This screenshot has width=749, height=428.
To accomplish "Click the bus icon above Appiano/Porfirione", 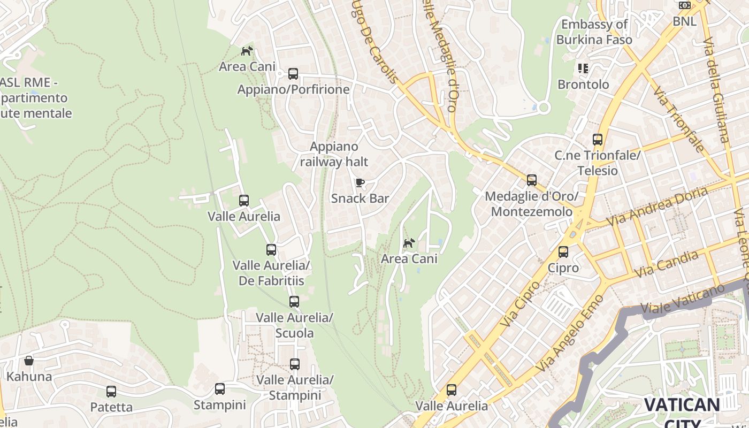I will (293, 74).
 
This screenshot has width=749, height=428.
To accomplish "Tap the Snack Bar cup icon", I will (360, 183).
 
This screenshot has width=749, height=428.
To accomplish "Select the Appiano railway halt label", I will (334, 154).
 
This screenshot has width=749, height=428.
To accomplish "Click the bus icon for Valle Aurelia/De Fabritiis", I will (271, 250).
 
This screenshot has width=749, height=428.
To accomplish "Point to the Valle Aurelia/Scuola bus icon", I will (294, 302).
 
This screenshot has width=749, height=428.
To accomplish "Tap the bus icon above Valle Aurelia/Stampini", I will (294, 364).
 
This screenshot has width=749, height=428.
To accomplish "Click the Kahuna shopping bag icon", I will (29, 361).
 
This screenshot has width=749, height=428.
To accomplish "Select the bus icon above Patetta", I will (111, 392).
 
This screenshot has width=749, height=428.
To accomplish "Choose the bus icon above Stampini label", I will (219, 389).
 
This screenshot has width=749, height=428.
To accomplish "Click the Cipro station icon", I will (563, 252).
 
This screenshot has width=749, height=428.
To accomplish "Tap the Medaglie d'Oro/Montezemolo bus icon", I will (531, 180).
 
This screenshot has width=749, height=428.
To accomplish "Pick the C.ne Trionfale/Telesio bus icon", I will (597, 140).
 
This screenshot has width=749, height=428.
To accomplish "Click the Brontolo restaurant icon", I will (583, 68).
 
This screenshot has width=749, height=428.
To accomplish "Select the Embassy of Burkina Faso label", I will (594, 32).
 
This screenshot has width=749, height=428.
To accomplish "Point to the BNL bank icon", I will (684, 5).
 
